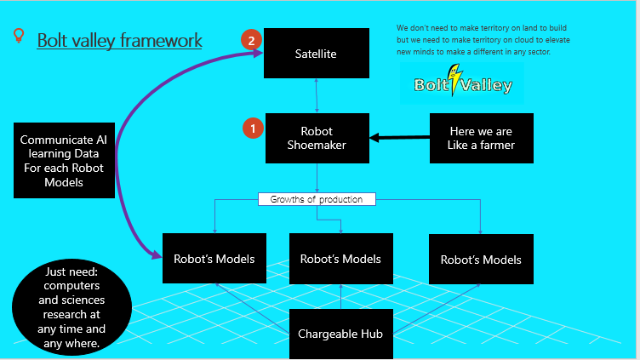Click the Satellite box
click(x=317, y=53)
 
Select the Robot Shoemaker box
click(x=317, y=138)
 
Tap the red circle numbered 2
click(x=251, y=40)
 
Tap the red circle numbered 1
click(x=253, y=129)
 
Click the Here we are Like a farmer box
click(x=481, y=138)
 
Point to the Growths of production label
click(x=317, y=199)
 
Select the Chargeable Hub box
click(x=341, y=334)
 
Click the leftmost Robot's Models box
click(x=214, y=259)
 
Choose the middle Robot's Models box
click(x=341, y=259)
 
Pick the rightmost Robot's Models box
click(x=481, y=260)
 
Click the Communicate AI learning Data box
click(x=64, y=160)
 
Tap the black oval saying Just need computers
click(x=71, y=307)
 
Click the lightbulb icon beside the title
click(x=19, y=35)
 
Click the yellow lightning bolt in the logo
click(x=454, y=79)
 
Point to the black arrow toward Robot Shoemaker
click(x=400, y=138)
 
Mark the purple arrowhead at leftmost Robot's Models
click(x=157, y=255)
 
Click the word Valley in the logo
click(x=486, y=85)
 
